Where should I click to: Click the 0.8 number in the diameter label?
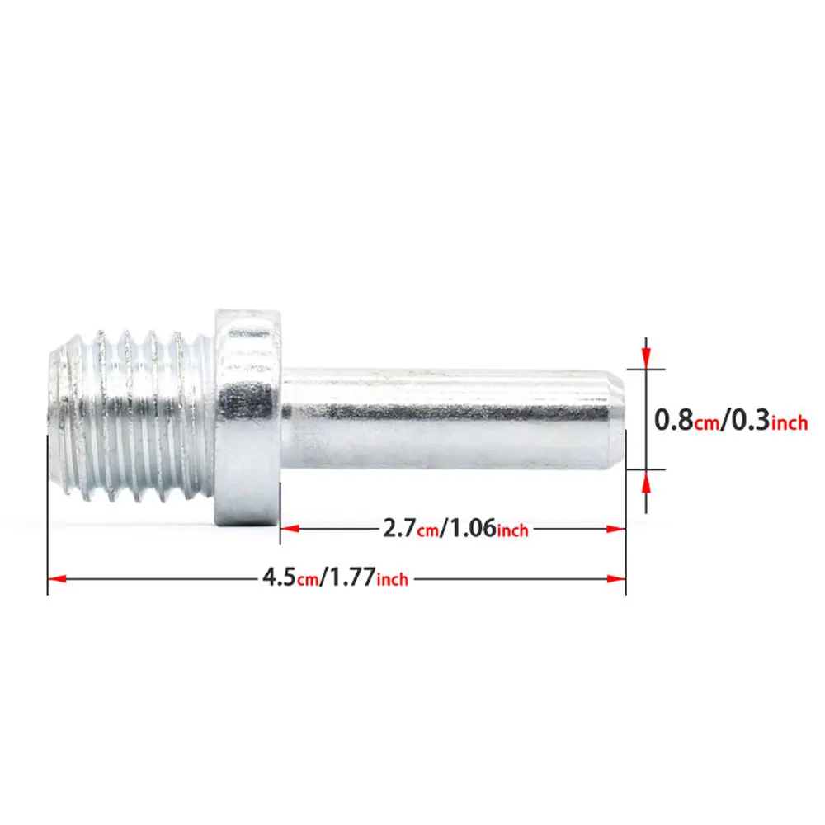(x=674, y=420)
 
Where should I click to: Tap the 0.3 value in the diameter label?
(x=751, y=420)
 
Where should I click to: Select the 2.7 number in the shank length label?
(x=399, y=528)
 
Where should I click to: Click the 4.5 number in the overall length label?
(x=279, y=577)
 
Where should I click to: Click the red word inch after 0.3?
(x=790, y=422)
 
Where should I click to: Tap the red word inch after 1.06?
(x=512, y=530)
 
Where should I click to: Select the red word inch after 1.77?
(x=393, y=579)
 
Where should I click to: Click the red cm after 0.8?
(x=707, y=423)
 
